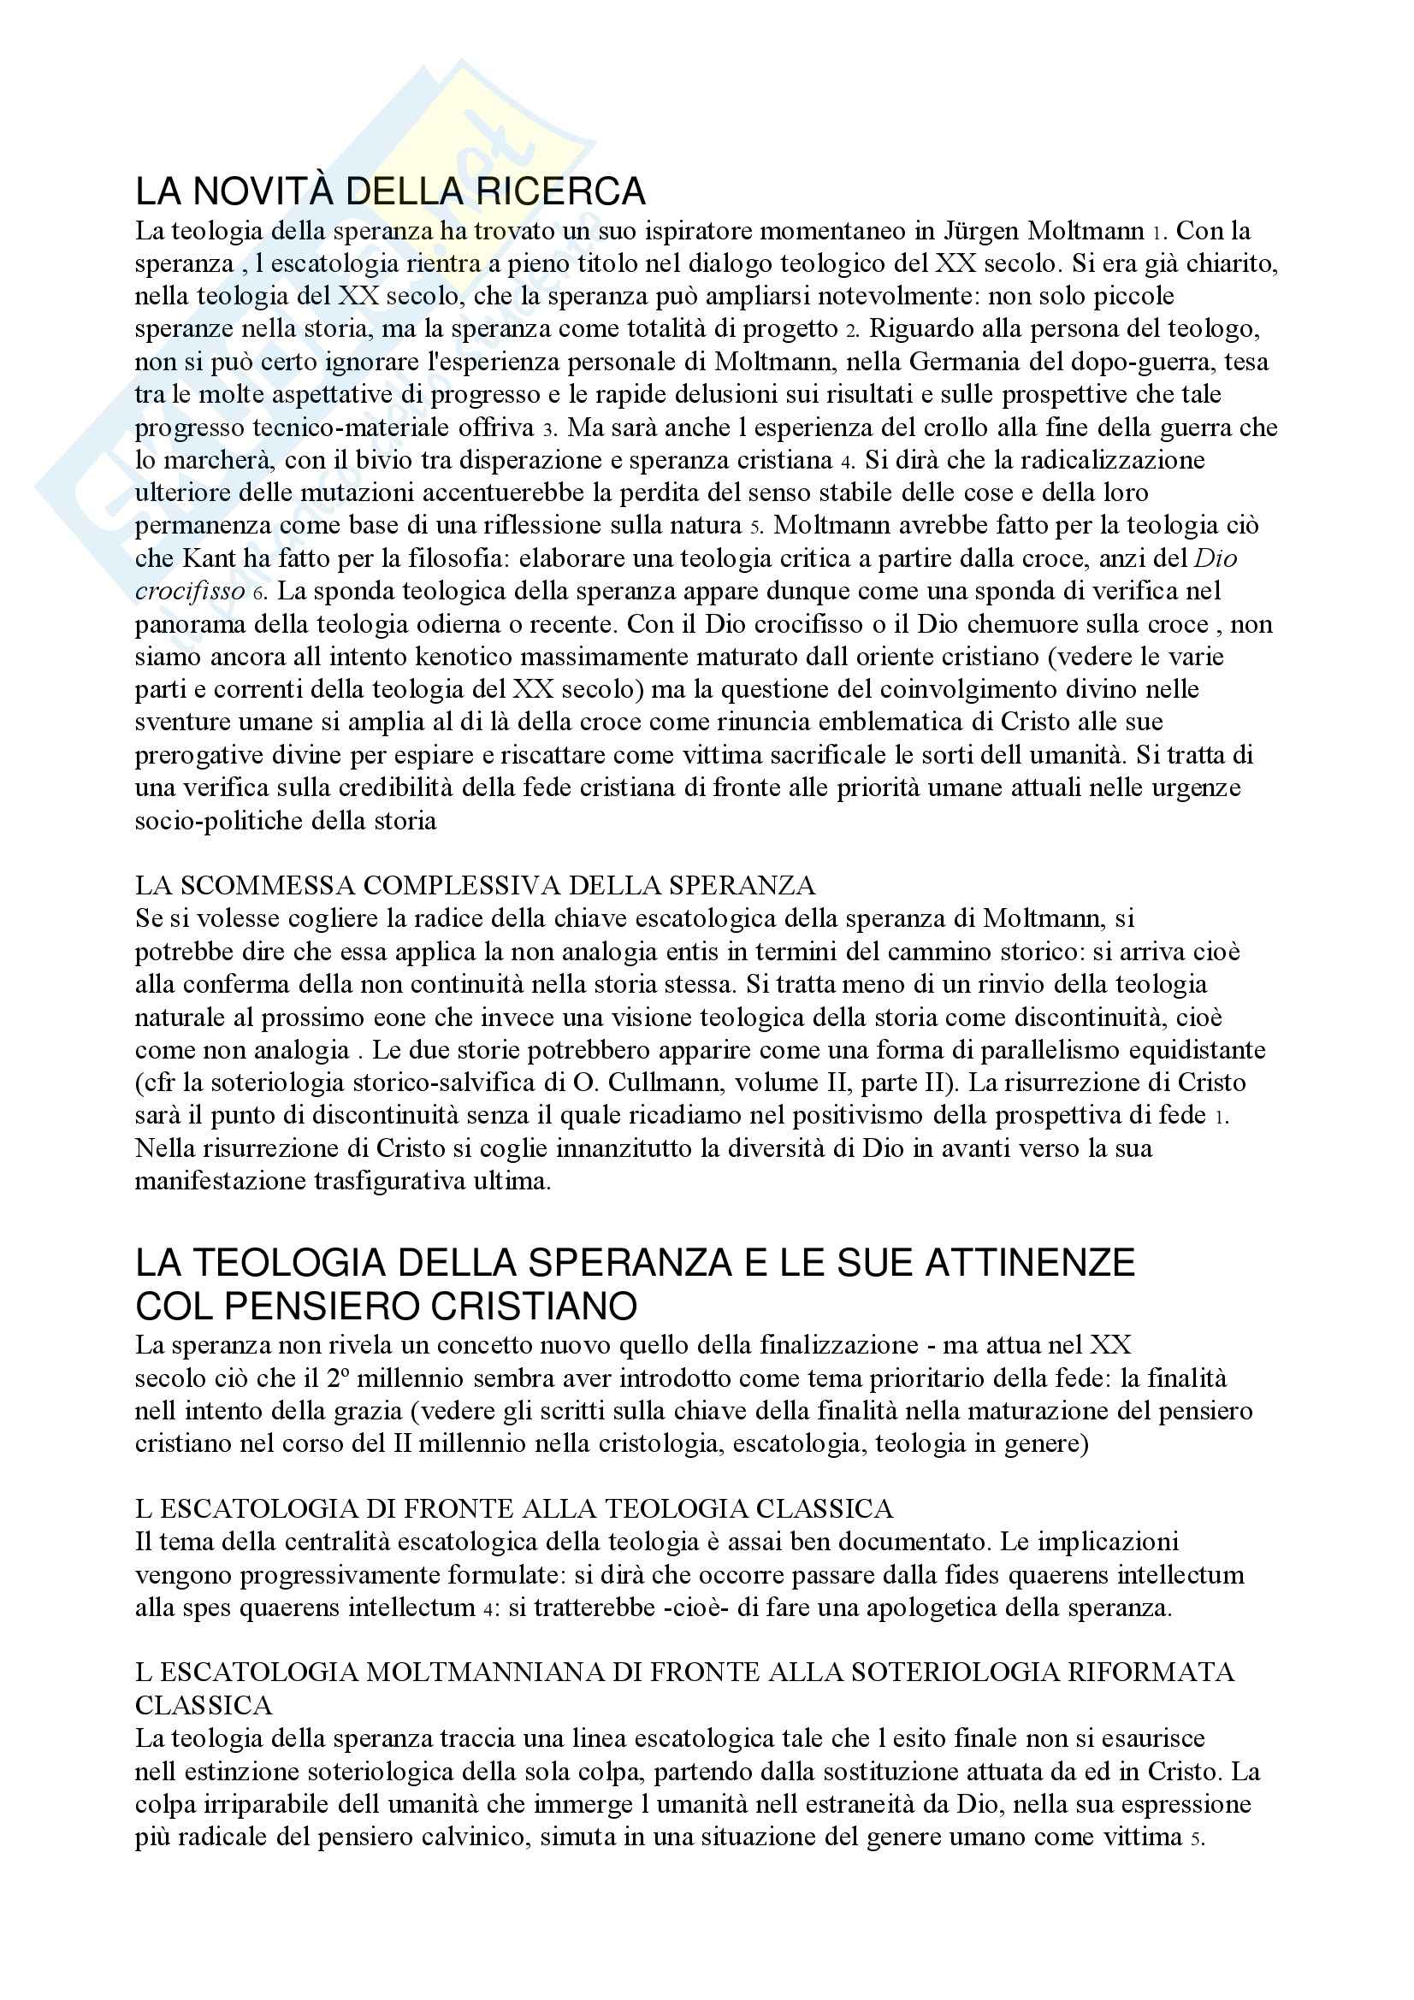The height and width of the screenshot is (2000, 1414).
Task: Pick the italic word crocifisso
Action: pos(190,592)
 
